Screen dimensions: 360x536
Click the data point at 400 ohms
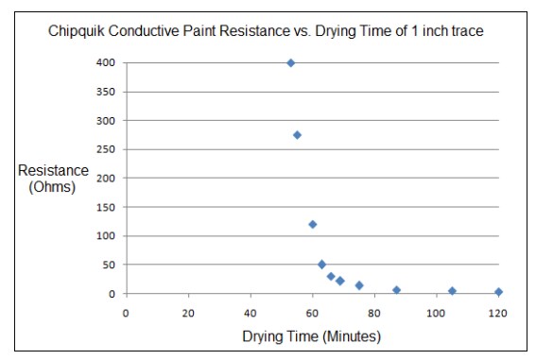[x=290, y=63]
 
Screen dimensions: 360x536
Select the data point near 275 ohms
[x=297, y=135]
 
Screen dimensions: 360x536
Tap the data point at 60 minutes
[x=312, y=224]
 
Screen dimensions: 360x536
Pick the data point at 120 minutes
[x=498, y=292]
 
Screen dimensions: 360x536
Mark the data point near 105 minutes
[x=452, y=291]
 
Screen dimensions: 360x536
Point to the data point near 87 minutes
[x=396, y=290]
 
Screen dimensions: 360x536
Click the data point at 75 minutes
[x=359, y=285]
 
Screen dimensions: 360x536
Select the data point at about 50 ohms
[x=321, y=265]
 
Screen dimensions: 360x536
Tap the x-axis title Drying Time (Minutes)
[x=311, y=336]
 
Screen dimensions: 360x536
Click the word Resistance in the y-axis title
[x=53, y=170]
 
